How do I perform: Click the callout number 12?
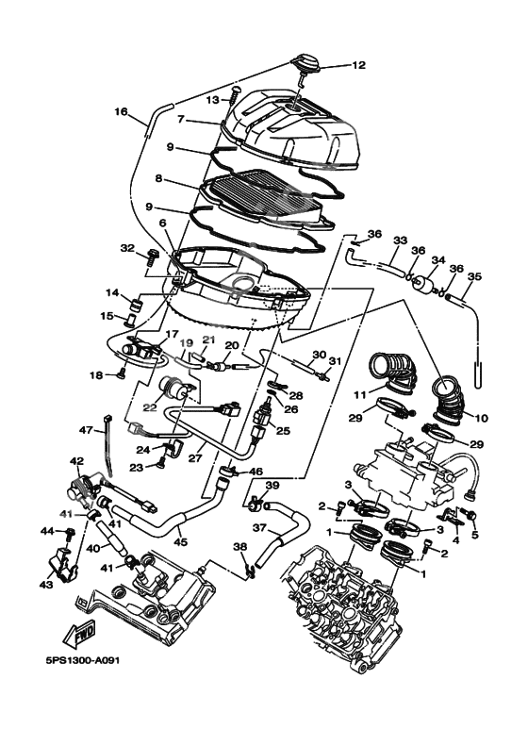pos(358,66)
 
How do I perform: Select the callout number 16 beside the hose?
pos(121,112)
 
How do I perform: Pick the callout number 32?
pos(128,248)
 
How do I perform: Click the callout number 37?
pos(259,527)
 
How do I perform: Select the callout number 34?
pos(437,260)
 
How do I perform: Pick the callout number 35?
pos(474,277)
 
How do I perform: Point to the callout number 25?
pos(284,430)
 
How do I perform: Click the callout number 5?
pos(474,535)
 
